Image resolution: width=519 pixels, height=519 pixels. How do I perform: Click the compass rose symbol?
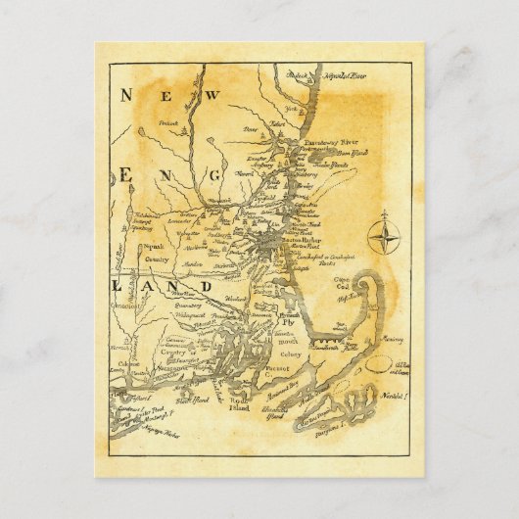[x=384, y=236]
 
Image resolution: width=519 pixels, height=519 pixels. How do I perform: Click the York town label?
[x=290, y=108]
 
